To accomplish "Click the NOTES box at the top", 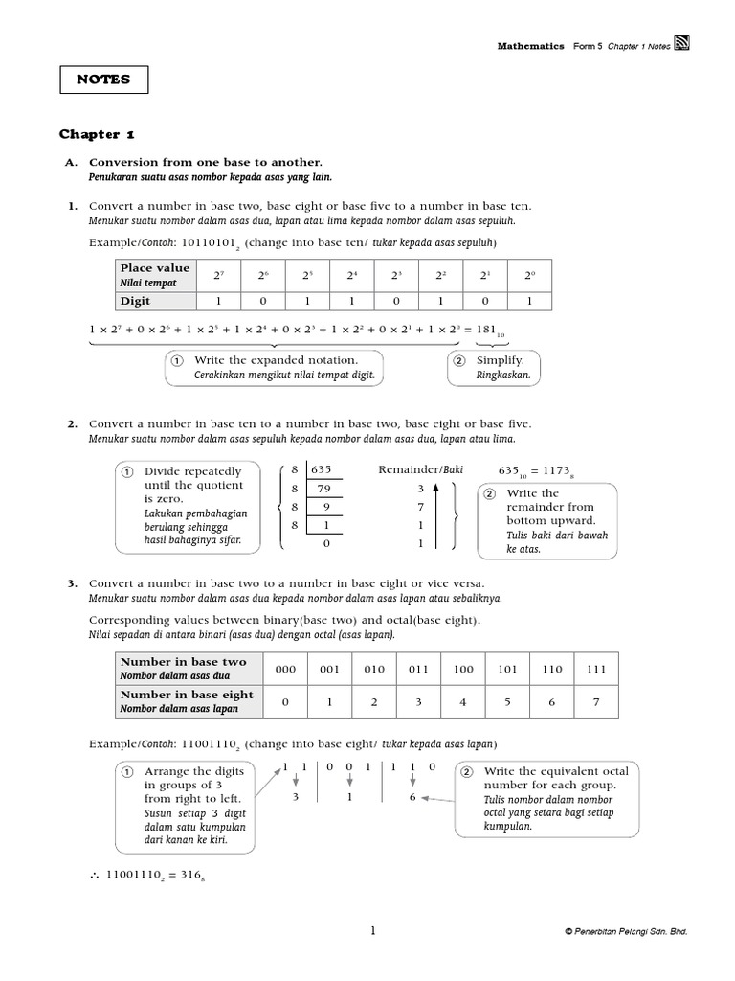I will tap(103, 80).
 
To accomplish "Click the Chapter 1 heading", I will tap(103, 134).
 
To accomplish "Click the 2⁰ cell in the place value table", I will tap(528, 275).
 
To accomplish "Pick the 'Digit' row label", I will tap(135, 300).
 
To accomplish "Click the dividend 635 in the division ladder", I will tap(320, 470).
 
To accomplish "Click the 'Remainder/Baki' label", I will tap(421, 470).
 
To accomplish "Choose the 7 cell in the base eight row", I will tap(594, 702).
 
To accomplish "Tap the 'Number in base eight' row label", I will tap(187, 695).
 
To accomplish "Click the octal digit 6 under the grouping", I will tap(412, 797).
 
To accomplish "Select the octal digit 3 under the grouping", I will tap(296, 797).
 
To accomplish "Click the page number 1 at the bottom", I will tap(374, 930).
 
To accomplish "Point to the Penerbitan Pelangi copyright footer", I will tap(626, 931).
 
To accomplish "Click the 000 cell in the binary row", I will tap(285, 670).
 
